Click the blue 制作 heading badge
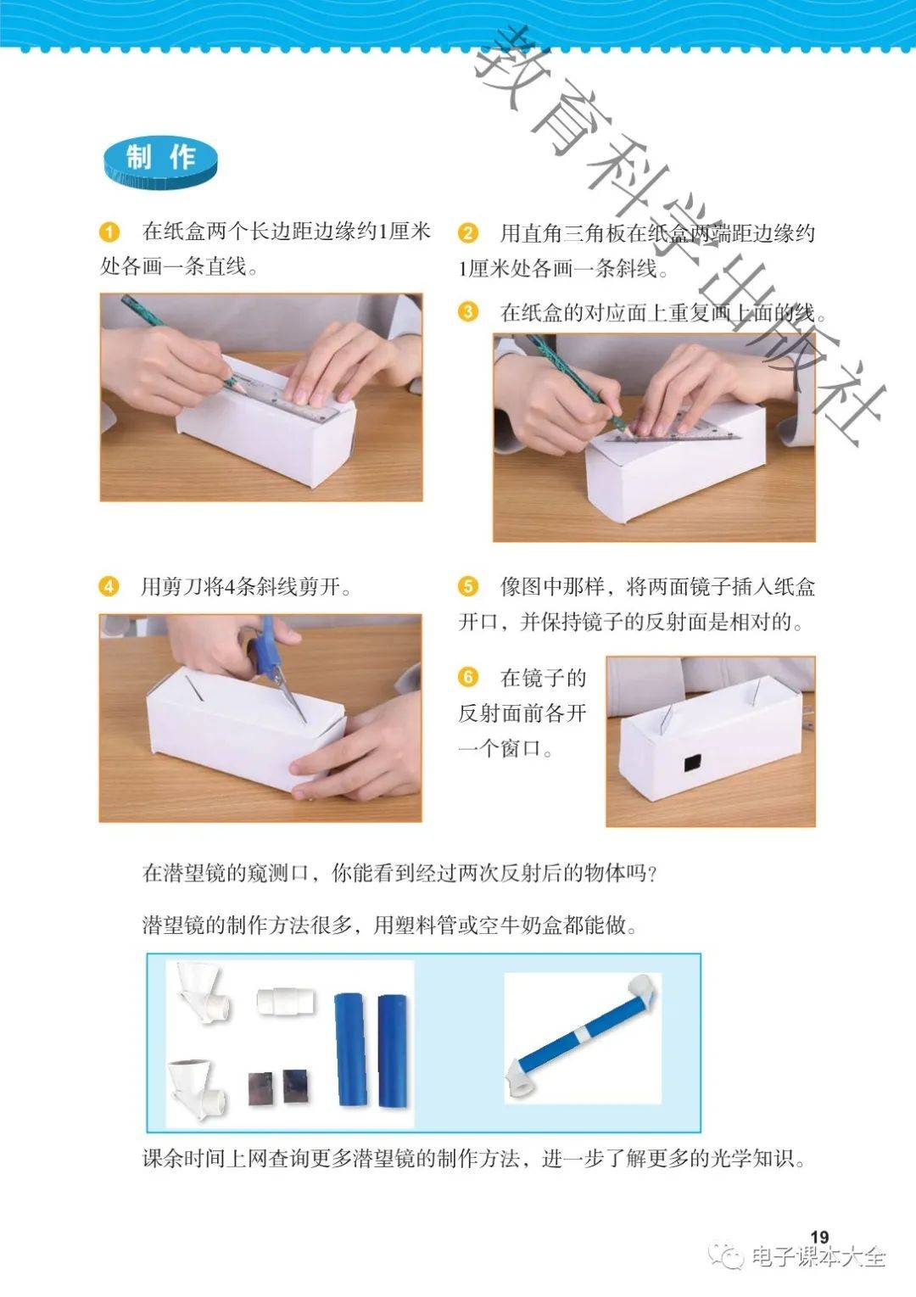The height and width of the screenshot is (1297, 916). pyautogui.click(x=160, y=163)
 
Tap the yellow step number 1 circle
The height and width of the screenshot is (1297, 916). pyautogui.click(x=109, y=232)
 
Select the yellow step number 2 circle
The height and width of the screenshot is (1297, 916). pyautogui.click(x=467, y=233)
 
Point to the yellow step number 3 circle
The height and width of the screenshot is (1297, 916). pyautogui.click(x=467, y=312)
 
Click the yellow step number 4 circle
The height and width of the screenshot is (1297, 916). pyautogui.click(x=109, y=586)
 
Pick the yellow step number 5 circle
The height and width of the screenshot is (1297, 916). pyautogui.click(x=467, y=586)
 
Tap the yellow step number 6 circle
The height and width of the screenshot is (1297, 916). pyautogui.click(x=467, y=677)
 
